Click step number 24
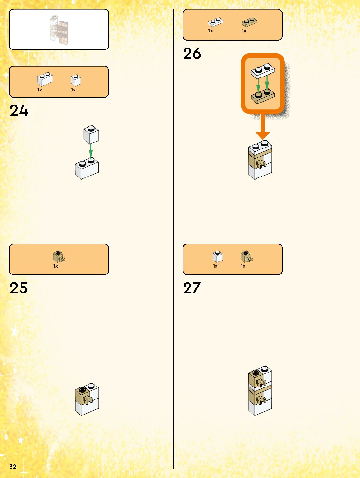coord(19,111)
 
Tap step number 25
coord(19,288)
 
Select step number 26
coord(192,54)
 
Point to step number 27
coord(192,288)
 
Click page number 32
coord(13,467)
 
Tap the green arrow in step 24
coord(91,151)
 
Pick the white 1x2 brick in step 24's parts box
coord(45,79)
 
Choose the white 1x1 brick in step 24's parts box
coord(76,80)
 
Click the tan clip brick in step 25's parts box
coord(59,257)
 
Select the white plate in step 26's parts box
coord(215,22)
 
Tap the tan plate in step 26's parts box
coord(249,22)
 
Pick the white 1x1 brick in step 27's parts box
coord(217,257)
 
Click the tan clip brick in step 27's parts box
coord(246,257)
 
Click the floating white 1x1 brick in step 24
coord(91,135)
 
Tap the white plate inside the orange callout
coord(262,71)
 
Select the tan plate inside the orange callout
coord(262,97)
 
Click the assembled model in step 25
coord(87,399)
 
